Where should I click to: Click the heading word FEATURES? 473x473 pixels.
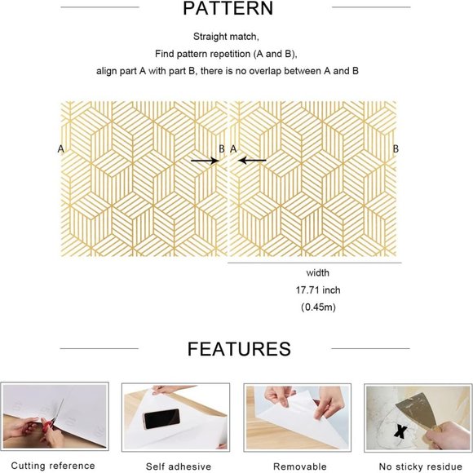click(x=239, y=349)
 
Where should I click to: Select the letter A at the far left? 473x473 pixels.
click(x=60, y=149)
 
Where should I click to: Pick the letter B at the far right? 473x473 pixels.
click(x=396, y=149)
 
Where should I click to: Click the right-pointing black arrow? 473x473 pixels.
click(x=204, y=161)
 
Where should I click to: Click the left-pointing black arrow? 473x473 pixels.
click(x=252, y=161)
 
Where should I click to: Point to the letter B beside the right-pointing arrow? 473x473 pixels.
click(x=222, y=149)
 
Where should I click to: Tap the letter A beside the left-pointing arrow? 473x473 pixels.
click(x=233, y=149)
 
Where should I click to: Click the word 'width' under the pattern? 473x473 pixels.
click(x=318, y=273)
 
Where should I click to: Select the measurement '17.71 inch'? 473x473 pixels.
click(x=318, y=290)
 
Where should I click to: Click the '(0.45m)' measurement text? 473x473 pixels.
click(x=318, y=307)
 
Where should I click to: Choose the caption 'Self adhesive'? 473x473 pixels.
click(x=179, y=466)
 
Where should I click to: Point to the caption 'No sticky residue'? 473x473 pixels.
click(x=418, y=466)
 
